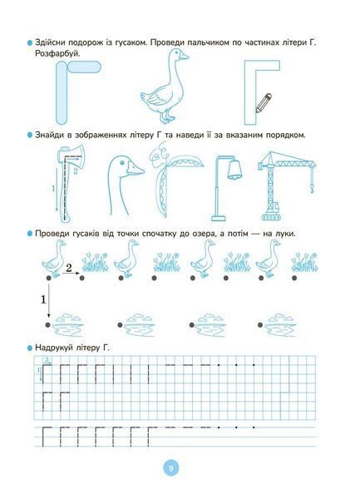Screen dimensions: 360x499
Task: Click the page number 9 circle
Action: pyautogui.click(x=171, y=468)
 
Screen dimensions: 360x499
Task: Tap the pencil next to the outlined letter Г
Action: pyautogui.click(x=264, y=103)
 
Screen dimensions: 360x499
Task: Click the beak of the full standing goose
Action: pyautogui.click(x=184, y=57)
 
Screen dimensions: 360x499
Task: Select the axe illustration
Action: pyautogui.click(x=71, y=183)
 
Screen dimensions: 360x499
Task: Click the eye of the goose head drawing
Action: pyautogui.click(x=122, y=162)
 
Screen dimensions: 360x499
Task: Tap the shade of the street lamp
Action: pyautogui.click(x=234, y=170)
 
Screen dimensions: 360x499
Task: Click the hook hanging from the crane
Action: pyautogui.click(x=313, y=189)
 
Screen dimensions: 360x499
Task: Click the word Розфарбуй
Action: pyautogui.click(x=57, y=54)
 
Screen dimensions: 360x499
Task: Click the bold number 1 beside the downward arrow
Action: pyautogui.click(x=43, y=299)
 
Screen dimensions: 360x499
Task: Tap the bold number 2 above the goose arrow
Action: pyautogui.click(x=69, y=268)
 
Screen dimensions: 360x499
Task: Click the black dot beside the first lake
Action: pyautogui.click(x=47, y=325)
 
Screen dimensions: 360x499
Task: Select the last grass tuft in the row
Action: pyautogui.click(x=304, y=262)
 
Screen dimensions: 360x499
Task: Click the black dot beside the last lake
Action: pyautogui.click(x=260, y=325)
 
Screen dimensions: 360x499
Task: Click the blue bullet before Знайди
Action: pyautogui.click(x=30, y=136)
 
